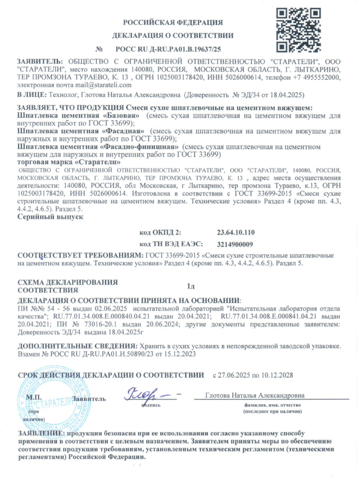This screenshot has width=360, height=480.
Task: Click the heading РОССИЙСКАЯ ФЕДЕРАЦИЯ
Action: tap(173, 22)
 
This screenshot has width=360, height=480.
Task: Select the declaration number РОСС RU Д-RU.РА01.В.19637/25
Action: tap(168, 49)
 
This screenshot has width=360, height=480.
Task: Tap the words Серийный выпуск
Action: tap(51, 217)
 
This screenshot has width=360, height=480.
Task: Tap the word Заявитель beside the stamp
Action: tap(90, 399)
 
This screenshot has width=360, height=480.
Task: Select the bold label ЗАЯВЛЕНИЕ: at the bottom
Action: tap(40, 434)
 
